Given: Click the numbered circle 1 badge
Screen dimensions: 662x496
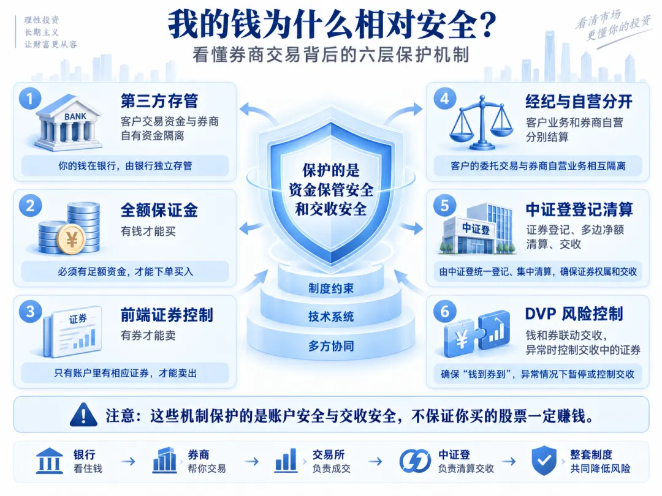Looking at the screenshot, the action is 30,99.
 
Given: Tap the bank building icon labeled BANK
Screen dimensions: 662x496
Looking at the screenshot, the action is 69,123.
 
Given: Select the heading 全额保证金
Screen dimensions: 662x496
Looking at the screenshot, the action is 159,210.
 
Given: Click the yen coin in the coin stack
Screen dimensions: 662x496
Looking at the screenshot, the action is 71,239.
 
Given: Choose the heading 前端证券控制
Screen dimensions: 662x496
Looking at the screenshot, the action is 167,315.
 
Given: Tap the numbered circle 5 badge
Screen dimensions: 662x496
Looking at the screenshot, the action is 445,205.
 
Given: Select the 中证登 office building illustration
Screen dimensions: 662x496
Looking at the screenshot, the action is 477,228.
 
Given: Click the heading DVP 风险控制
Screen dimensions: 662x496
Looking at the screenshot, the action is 574,314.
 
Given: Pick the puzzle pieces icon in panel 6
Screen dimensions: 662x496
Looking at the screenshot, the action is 477,333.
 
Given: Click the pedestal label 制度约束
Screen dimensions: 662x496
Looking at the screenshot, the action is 331,288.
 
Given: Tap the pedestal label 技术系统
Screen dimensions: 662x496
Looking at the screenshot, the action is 331,317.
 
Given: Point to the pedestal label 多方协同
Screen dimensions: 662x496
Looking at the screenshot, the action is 331,346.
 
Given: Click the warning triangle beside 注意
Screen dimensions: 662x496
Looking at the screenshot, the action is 83,415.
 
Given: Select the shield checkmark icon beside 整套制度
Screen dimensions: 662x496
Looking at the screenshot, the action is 544,460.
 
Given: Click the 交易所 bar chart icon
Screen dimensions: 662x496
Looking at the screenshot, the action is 286,460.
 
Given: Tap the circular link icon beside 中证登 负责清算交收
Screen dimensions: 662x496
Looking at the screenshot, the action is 415,460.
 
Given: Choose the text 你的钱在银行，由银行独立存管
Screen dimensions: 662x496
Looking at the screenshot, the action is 125,166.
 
